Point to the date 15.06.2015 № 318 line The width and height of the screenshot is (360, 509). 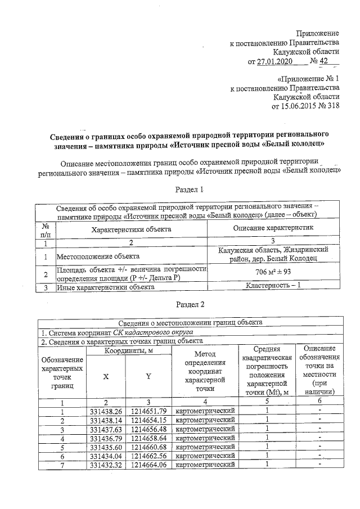305,106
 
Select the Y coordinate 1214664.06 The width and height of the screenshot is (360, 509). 148,465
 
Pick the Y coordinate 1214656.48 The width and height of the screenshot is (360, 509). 148,429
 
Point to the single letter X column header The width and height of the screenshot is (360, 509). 106,377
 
